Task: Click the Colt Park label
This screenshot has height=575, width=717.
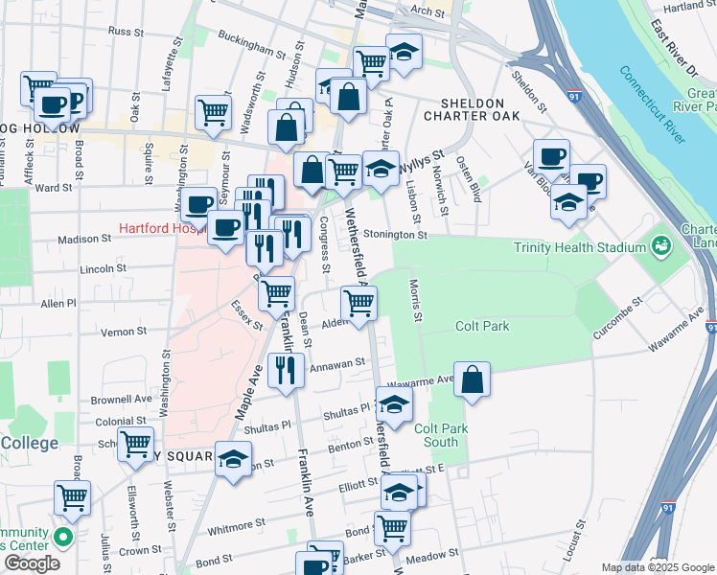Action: coord(509,327)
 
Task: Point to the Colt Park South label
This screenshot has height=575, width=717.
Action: coord(441,436)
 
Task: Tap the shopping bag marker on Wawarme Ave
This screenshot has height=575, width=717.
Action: coord(473,379)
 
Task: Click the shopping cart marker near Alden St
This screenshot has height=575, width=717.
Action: coord(358,304)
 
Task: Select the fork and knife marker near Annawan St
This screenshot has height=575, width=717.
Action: coord(284,370)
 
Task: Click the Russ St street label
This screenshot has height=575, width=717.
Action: coord(125,32)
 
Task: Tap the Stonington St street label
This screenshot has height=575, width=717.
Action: coord(393,234)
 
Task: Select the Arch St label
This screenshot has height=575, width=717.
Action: coord(428,11)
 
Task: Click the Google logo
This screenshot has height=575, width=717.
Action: coord(32,563)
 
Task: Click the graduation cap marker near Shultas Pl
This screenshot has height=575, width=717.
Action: coord(395,404)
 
